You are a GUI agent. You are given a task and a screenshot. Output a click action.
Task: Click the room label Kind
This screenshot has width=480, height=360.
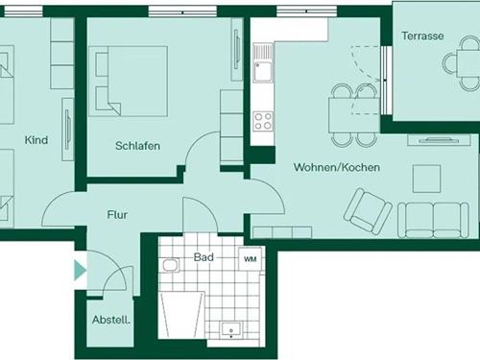36,140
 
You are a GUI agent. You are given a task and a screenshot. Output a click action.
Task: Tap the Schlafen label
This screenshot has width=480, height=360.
137,146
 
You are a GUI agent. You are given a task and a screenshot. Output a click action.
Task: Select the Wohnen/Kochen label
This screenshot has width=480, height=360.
336,167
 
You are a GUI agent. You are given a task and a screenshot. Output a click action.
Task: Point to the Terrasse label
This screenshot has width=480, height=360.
423,36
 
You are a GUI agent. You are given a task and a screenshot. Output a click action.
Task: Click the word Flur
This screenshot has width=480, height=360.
117,215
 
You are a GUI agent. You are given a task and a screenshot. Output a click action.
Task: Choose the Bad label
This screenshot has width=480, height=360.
204,257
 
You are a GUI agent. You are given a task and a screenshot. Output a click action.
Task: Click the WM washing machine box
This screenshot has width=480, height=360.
250,259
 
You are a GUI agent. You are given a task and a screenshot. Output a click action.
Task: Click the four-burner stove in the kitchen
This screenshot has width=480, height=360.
262,121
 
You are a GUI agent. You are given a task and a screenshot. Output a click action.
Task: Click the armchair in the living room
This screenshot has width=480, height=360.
367,210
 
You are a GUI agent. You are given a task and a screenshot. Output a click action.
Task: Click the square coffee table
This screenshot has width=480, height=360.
426,178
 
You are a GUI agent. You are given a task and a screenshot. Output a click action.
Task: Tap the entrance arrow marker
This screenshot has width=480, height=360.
80,270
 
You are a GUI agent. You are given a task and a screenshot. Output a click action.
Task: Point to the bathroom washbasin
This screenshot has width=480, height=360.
231,328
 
